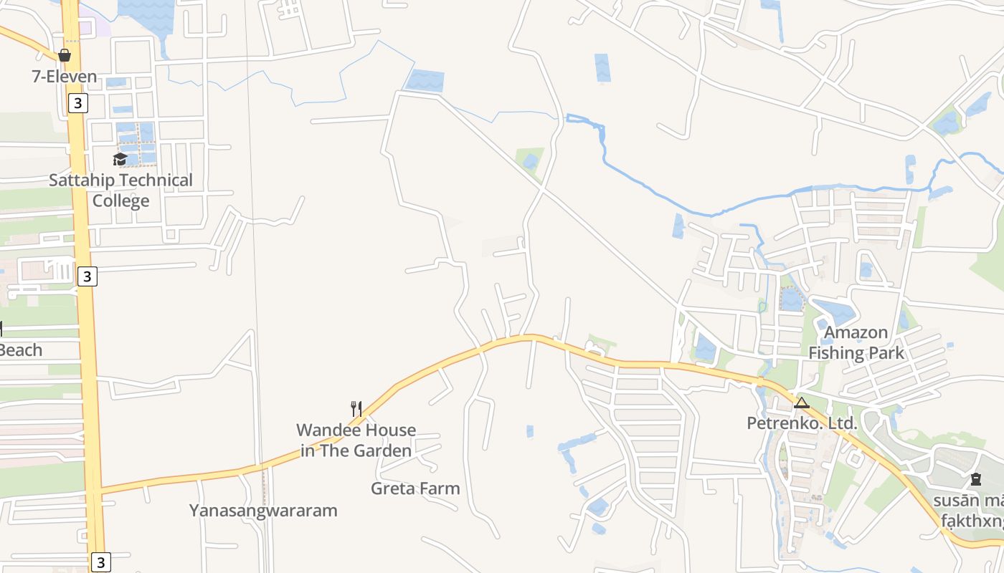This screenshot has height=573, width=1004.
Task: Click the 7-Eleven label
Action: pos(64,77)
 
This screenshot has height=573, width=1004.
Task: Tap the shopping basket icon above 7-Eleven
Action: pos(65,55)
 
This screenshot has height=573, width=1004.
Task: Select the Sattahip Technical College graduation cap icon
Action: pos(120,159)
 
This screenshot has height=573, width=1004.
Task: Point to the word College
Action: pos(120,201)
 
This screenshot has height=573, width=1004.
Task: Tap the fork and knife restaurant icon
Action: pos(356,409)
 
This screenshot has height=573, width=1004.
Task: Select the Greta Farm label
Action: pos(415,488)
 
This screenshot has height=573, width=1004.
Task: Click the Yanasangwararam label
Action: pos(263,511)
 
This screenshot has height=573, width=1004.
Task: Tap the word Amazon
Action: pos(856,332)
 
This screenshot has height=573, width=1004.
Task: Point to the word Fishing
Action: pos(837,353)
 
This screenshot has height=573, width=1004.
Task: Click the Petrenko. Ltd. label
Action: pos(802,423)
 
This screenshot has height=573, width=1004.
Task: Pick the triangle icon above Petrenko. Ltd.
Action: pos(802,403)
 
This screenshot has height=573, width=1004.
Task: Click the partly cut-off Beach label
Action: pos(21,350)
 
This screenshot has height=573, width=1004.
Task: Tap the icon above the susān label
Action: pos(975,479)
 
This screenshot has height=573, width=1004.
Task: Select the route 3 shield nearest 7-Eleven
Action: pos(77,103)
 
